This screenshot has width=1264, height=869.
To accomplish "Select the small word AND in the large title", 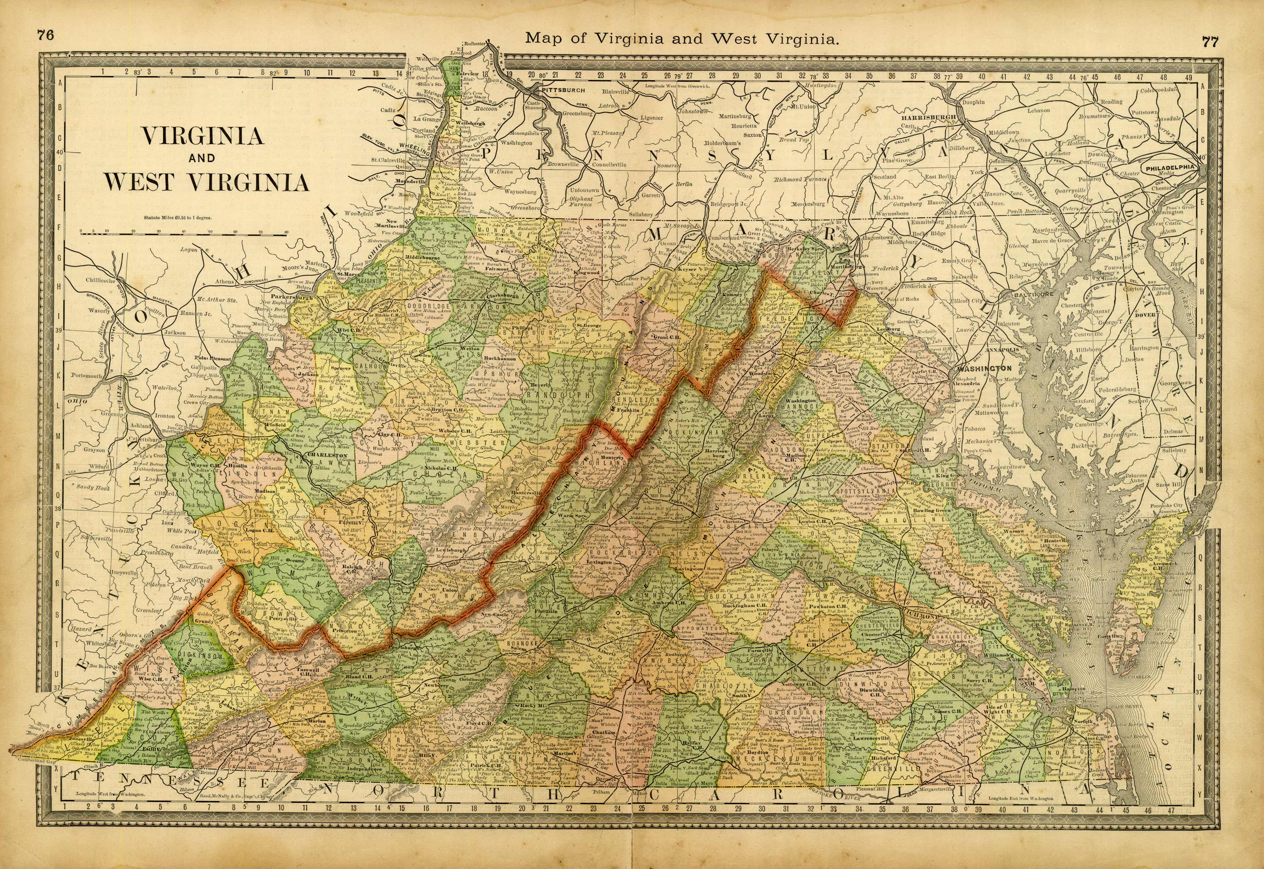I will [x=202, y=159].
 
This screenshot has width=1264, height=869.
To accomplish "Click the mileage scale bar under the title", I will [x=183, y=233].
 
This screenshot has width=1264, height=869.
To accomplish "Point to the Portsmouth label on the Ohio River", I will [x=86, y=376].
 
